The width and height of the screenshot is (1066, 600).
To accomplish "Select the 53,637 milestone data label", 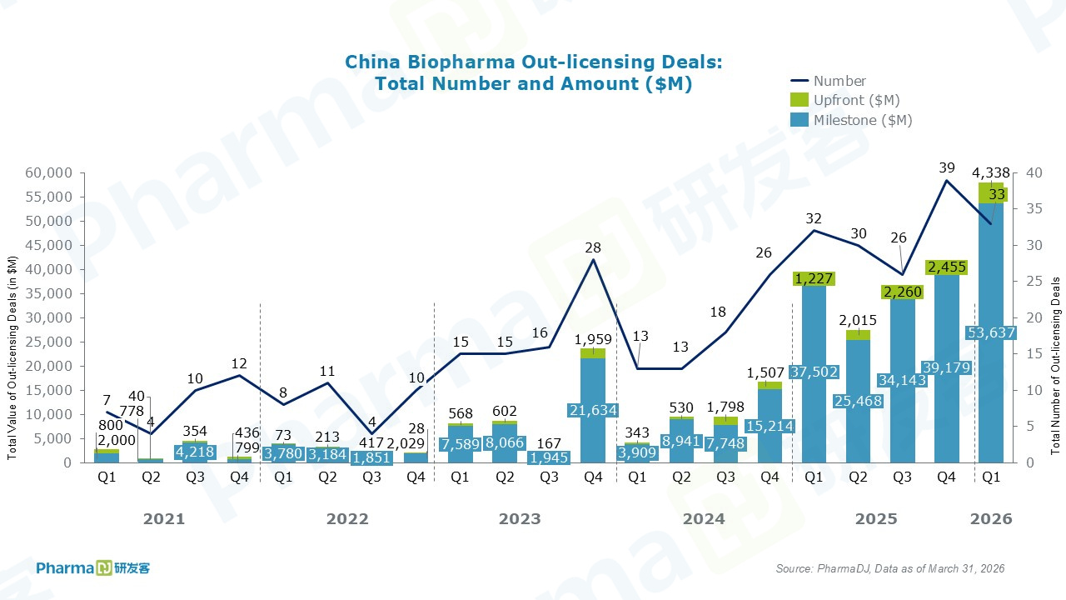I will pos(990,333).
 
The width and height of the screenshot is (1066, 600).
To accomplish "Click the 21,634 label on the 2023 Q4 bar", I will pos(593,409).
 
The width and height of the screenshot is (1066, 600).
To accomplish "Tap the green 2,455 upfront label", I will pos(946,267).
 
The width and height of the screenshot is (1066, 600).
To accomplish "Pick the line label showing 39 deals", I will pos(946,167).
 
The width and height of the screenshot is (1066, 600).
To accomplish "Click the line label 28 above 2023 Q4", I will pos(593,247).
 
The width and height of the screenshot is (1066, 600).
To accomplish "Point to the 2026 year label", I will pos(991,519).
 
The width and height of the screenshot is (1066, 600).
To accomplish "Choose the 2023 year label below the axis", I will pos(520,519).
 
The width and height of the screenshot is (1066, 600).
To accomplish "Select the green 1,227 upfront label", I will pos(814,278).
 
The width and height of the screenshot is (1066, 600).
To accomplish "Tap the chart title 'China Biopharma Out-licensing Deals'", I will pos(533,62).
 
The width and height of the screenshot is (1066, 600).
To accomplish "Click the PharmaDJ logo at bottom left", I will pos(92,568).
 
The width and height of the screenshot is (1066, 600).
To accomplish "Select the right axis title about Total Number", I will pos(1055,366).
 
